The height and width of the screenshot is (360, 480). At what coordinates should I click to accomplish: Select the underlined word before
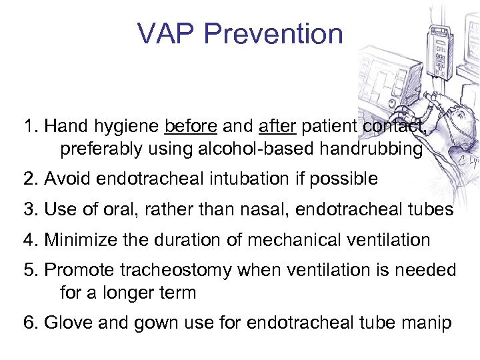click(x=190, y=127)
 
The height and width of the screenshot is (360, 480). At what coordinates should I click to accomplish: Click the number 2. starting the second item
click(x=31, y=179)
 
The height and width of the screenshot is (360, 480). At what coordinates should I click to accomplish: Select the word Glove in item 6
click(x=66, y=323)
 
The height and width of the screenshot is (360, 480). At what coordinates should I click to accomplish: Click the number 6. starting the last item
click(x=31, y=323)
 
